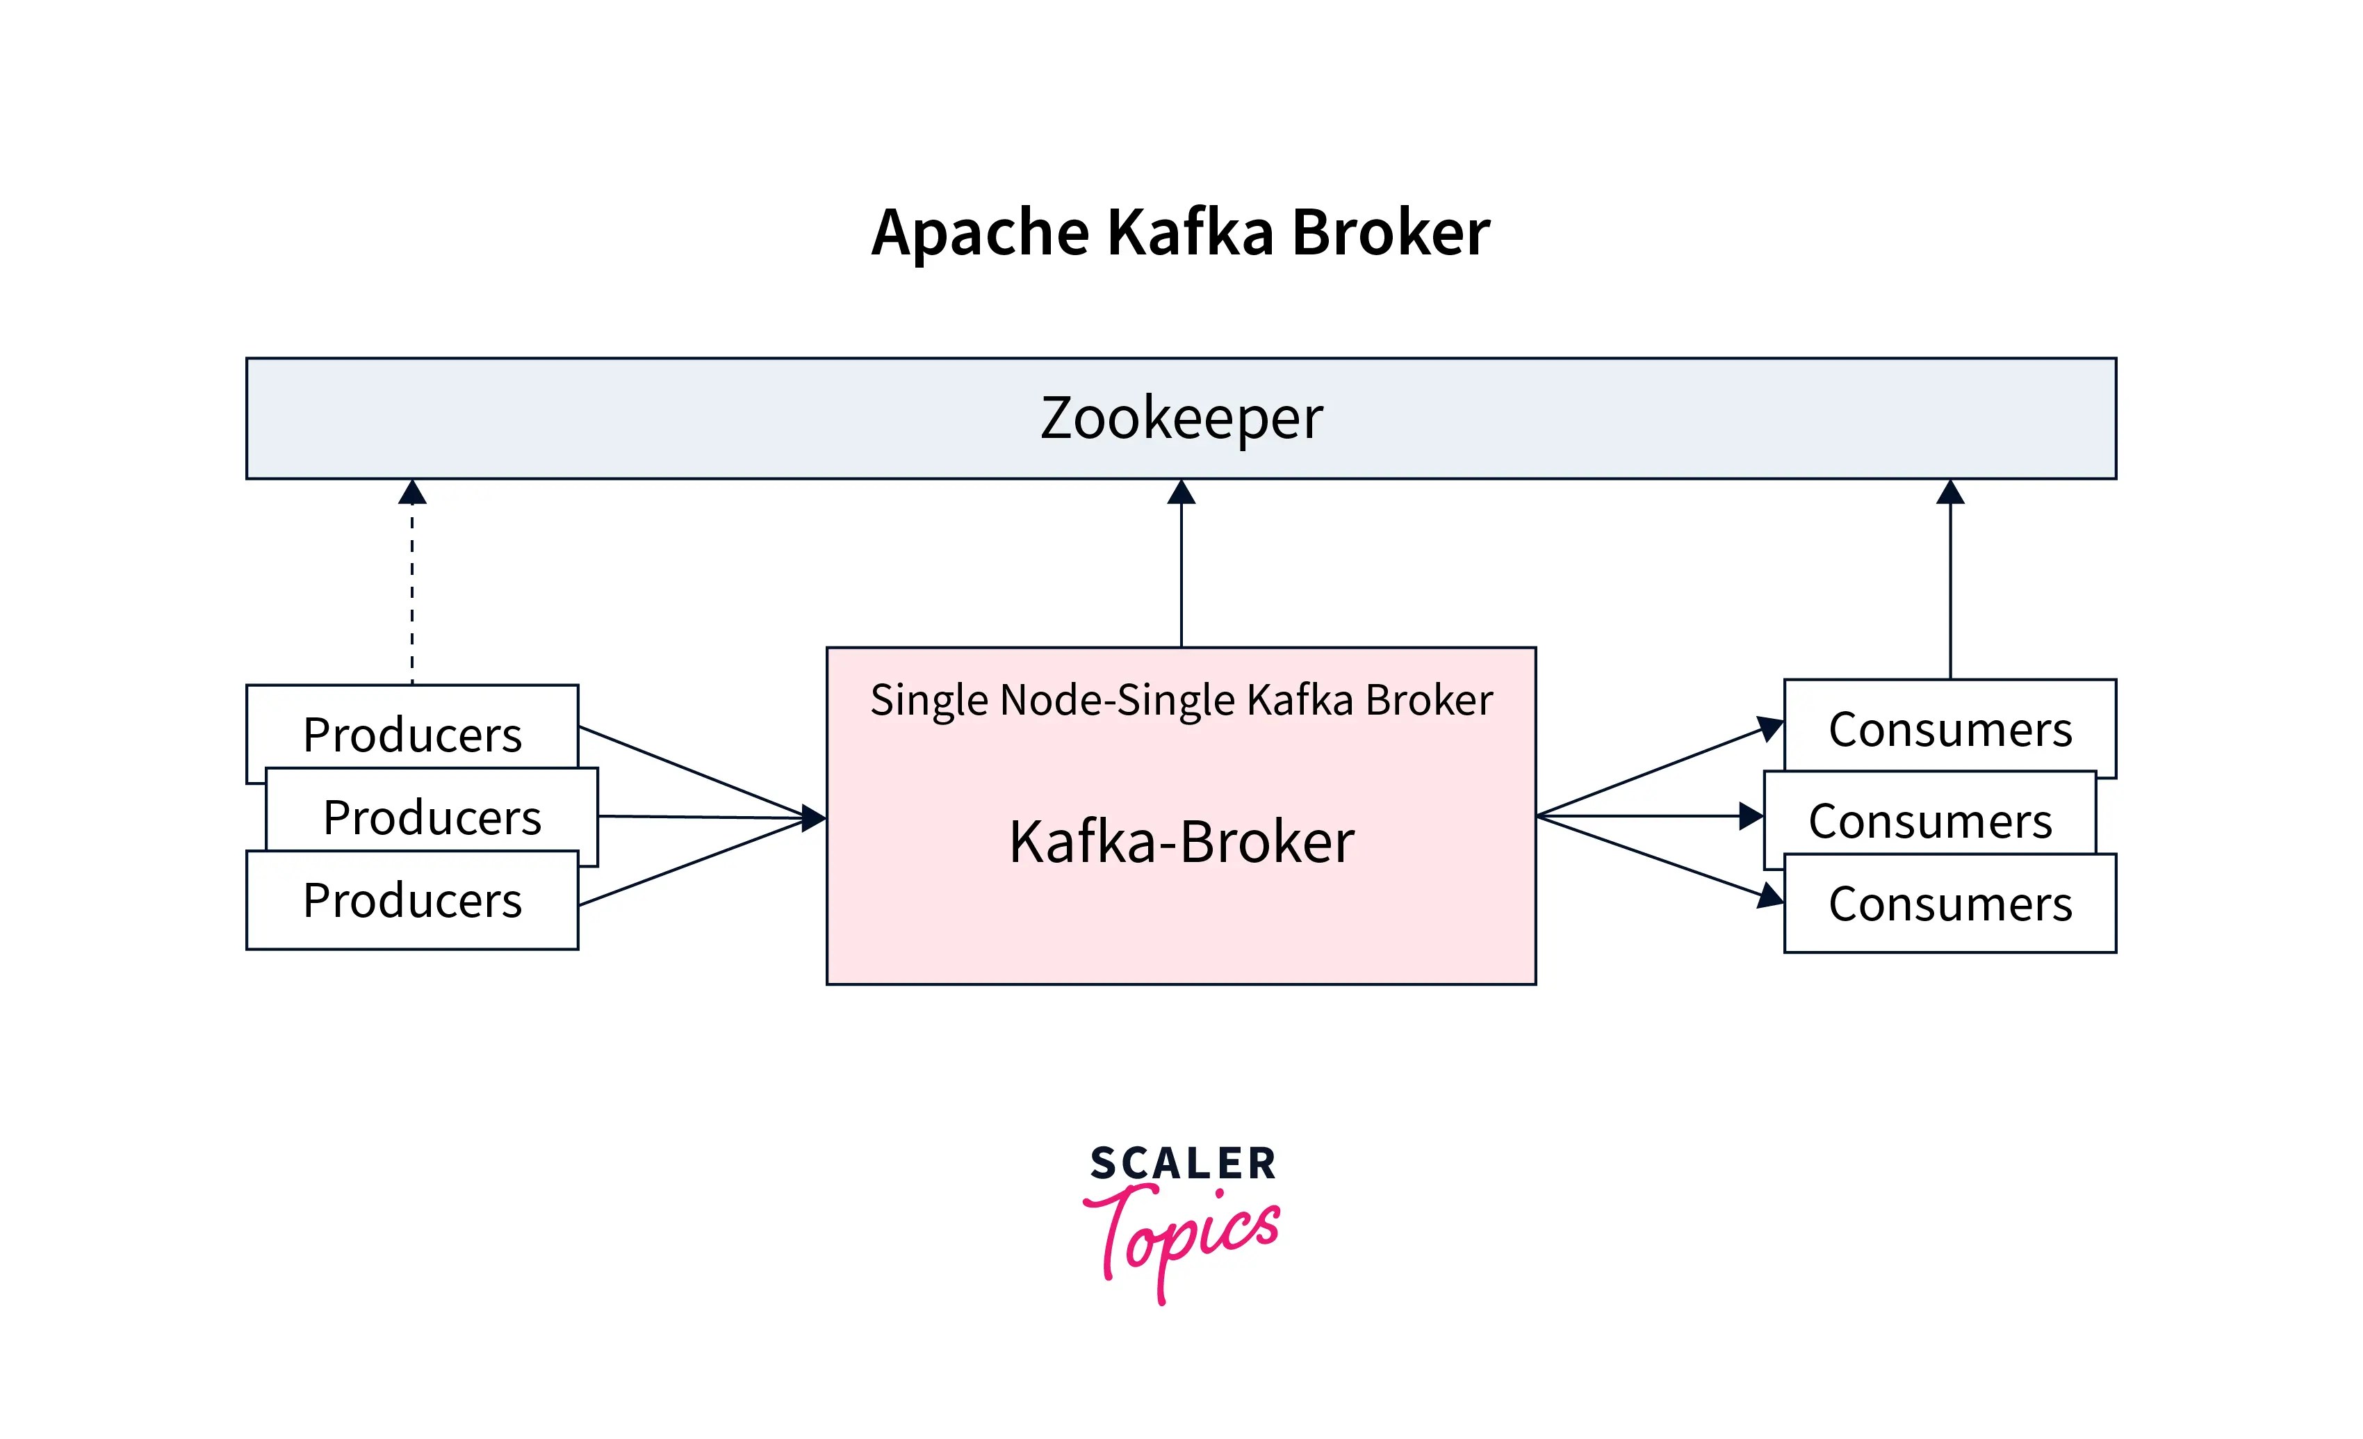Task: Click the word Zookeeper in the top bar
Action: (x=1181, y=418)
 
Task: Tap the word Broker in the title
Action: (x=1391, y=233)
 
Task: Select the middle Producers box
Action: (x=432, y=818)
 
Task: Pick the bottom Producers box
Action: (x=412, y=901)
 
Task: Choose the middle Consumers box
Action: (x=1929, y=820)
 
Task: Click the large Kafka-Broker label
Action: (x=1181, y=841)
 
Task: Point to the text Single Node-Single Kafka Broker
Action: (x=1181, y=699)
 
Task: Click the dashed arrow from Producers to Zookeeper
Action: (x=412, y=585)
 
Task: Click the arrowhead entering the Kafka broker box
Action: (x=813, y=818)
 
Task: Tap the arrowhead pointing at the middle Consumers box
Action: (x=1751, y=816)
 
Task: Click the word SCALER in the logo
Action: (x=1182, y=1164)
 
